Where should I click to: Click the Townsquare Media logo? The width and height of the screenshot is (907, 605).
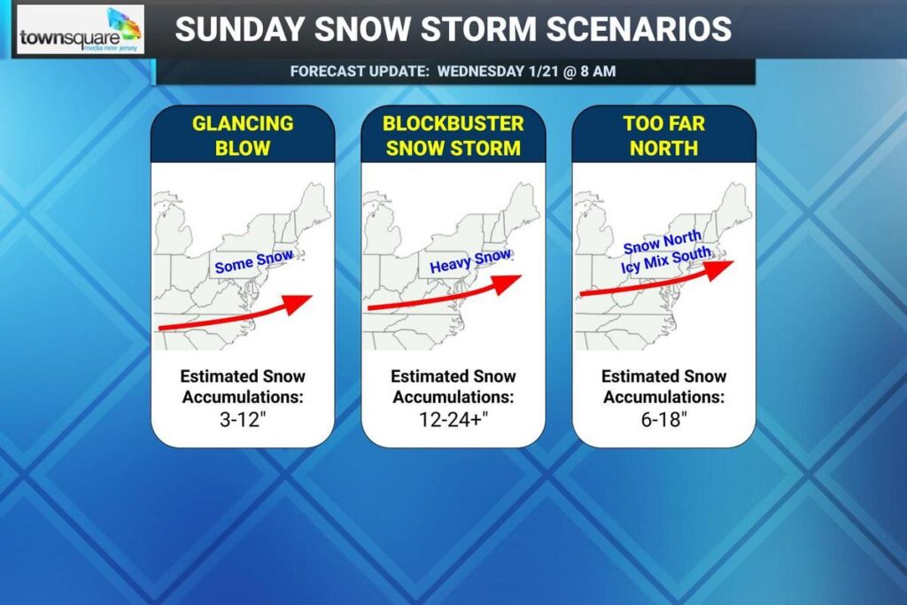(80, 30)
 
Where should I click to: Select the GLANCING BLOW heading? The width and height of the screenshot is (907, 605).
(243, 135)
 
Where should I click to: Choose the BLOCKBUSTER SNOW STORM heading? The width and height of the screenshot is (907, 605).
(453, 135)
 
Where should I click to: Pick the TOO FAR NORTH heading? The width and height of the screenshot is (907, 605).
(663, 135)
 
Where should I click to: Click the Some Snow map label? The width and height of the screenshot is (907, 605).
(253, 261)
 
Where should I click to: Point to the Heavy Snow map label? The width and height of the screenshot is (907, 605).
(469, 261)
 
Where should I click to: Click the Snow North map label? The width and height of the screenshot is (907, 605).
(662, 242)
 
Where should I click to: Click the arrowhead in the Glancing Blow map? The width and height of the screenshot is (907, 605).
(300, 302)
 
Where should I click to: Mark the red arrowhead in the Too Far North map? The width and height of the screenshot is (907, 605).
(721, 268)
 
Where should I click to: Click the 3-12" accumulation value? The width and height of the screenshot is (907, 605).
(242, 419)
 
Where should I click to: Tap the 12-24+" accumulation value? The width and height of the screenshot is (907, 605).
(453, 419)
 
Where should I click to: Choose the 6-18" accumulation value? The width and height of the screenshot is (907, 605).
(663, 419)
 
